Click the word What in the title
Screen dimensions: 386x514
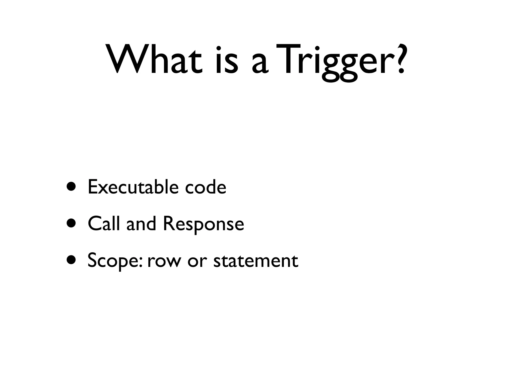point(155,60)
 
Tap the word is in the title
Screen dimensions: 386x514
point(226,60)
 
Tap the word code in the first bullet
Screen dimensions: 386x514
point(206,187)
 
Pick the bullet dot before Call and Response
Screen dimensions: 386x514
point(72,223)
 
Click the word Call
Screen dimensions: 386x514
point(103,223)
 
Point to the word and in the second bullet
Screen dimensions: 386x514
point(141,223)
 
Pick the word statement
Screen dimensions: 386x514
point(256,261)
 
